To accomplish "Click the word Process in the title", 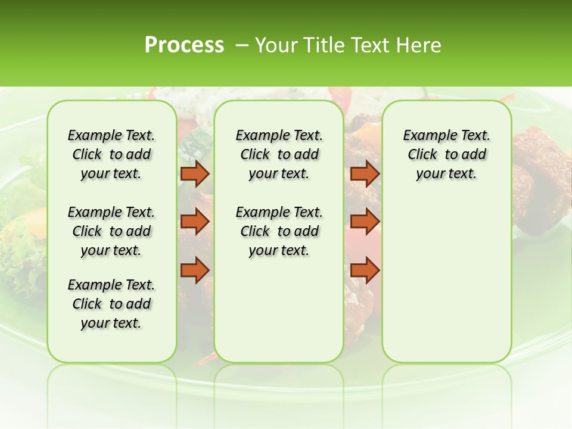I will (x=184, y=45).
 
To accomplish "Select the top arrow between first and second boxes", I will (x=195, y=173).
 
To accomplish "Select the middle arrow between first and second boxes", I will (x=195, y=221).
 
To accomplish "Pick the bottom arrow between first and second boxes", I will (x=195, y=270).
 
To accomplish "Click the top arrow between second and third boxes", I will (x=365, y=173).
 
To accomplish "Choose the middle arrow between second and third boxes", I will (x=365, y=221).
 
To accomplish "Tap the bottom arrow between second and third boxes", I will (x=365, y=270).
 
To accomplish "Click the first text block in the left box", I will (x=111, y=154).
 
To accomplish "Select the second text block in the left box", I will (x=111, y=231).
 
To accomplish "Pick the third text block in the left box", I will (x=111, y=304).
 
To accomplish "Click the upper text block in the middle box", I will (x=279, y=154).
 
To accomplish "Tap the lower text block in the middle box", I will (x=279, y=231).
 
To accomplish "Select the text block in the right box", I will (x=446, y=154).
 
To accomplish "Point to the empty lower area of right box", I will (x=446, y=280).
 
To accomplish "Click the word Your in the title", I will (x=276, y=45).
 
